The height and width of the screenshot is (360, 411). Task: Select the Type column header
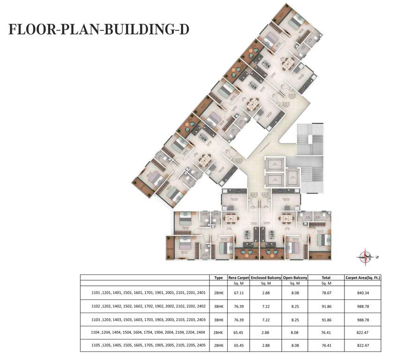tap(218, 277)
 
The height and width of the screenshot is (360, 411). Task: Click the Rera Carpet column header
tap(239, 277)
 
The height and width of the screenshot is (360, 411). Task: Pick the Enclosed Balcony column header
tap(266, 277)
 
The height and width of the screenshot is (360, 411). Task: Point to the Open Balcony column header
tap(295, 277)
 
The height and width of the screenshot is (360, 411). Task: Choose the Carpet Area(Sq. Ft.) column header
tap(362, 277)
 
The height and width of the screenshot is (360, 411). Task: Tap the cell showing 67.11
tap(239, 293)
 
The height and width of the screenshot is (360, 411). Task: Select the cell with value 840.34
tap(362, 293)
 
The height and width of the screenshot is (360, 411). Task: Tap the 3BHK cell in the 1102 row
tap(218, 306)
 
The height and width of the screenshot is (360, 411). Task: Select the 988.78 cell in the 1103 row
tap(362, 319)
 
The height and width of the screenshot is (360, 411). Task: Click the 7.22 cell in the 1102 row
tap(266, 306)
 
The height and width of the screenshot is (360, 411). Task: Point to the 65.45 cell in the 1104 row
tap(239, 332)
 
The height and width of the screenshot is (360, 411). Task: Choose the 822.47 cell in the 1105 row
tap(362, 345)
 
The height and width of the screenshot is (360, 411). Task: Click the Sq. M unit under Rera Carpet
tap(239, 283)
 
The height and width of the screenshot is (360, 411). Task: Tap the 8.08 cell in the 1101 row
tap(295, 293)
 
